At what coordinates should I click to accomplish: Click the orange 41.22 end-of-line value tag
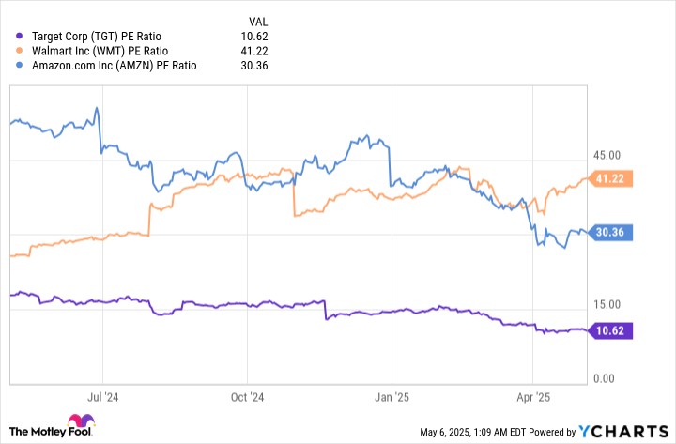coord(612,178)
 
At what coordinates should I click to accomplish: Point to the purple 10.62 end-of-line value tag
coord(612,329)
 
